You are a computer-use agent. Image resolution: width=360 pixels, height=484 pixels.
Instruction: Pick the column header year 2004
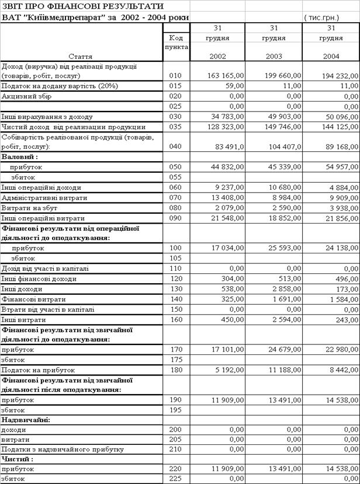(x=331, y=57)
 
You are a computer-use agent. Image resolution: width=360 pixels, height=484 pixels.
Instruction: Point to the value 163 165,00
(x=226, y=76)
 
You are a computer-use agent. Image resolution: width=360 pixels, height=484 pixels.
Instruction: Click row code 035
(x=175, y=127)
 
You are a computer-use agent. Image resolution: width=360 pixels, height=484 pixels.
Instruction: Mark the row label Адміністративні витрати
(x=44, y=198)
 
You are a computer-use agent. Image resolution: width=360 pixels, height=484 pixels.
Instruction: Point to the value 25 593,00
(x=284, y=248)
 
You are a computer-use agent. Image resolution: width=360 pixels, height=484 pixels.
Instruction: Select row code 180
(x=175, y=370)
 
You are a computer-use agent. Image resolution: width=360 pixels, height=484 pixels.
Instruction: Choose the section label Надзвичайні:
(x=25, y=420)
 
